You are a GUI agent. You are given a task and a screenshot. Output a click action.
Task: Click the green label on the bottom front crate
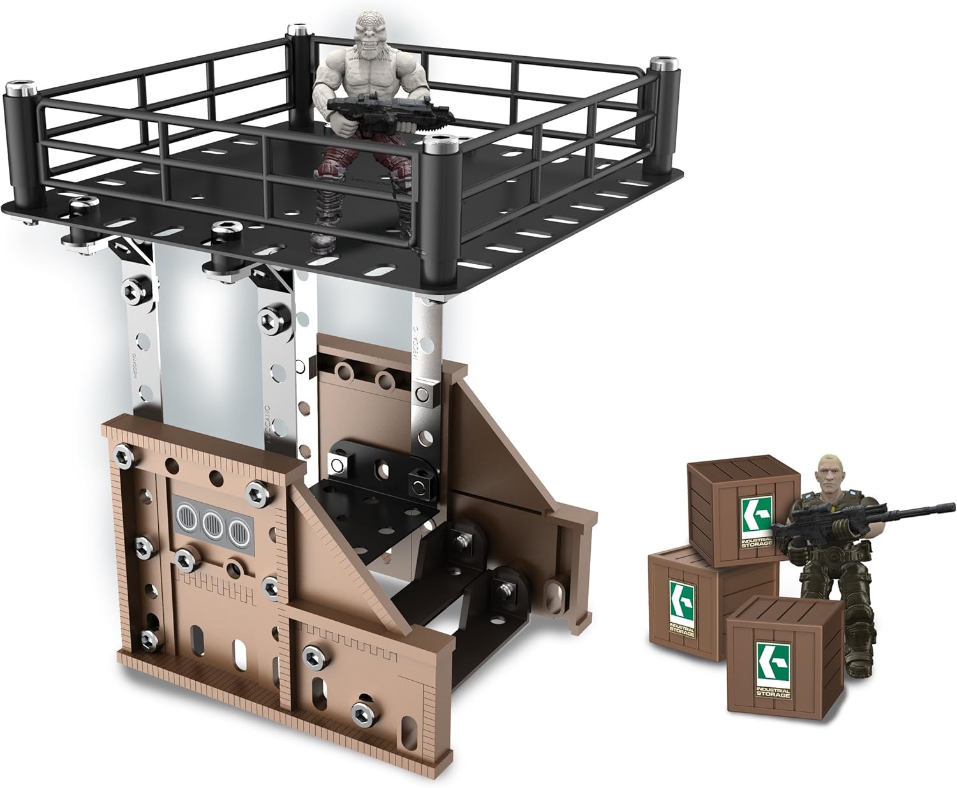(771, 669)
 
